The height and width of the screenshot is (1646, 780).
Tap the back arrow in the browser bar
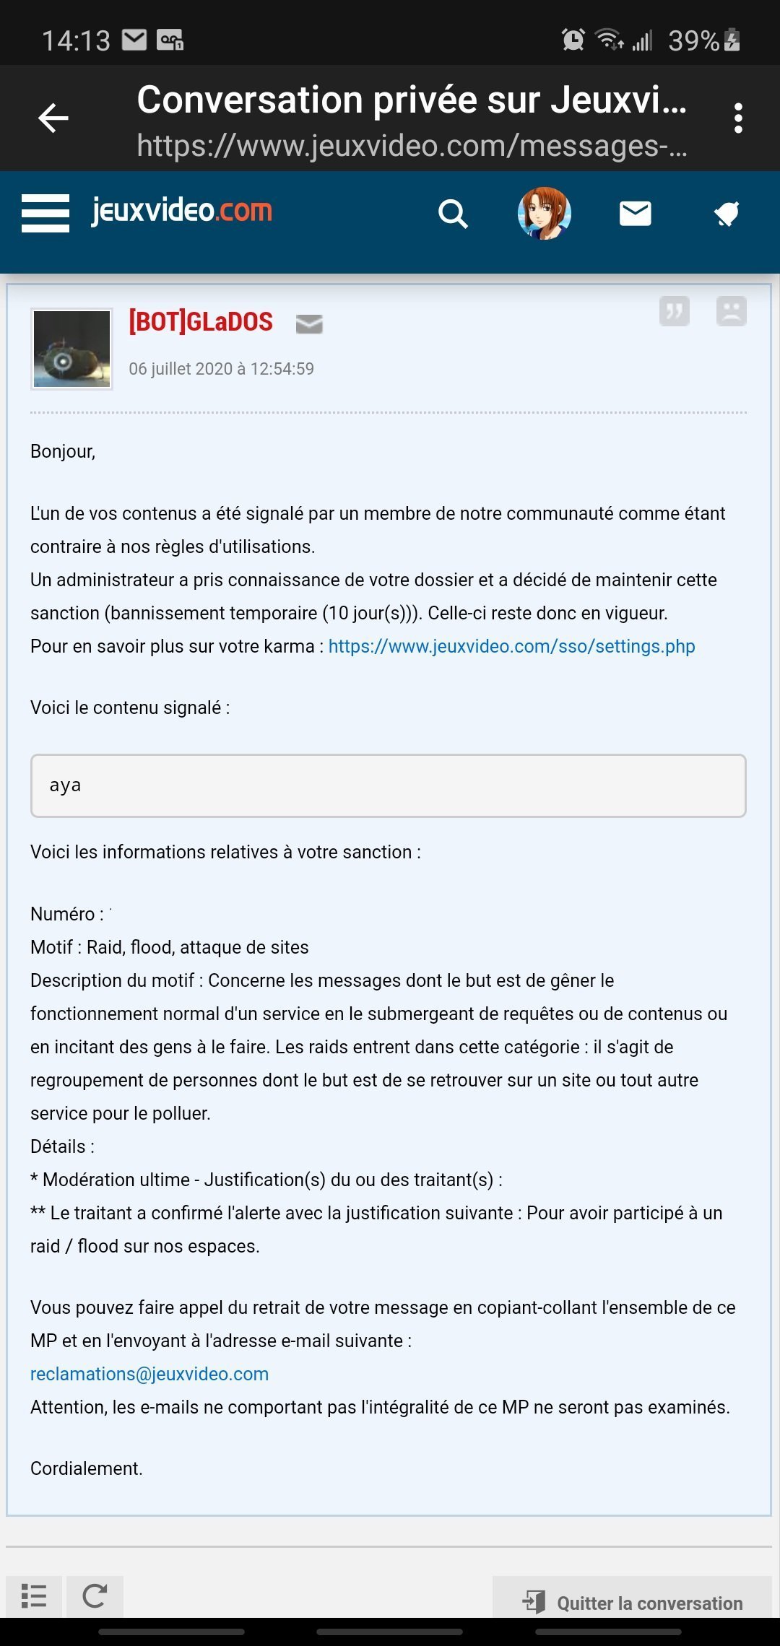(53, 118)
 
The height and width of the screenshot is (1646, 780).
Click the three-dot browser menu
(737, 118)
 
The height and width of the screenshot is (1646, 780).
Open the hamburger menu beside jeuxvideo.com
(45, 213)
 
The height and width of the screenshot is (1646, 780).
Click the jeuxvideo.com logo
(182, 211)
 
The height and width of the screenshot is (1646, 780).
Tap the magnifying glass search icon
(453, 214)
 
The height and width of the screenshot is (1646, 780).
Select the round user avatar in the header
(545, 213)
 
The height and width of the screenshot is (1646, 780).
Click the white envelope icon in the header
(636, 214)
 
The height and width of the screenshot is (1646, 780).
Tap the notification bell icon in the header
(727, 214)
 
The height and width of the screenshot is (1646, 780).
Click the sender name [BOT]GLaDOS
(201, 322)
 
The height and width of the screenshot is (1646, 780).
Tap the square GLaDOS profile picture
(71, 349)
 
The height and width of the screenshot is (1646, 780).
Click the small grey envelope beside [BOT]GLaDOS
(309, 324)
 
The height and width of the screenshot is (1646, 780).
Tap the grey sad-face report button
(731, 312)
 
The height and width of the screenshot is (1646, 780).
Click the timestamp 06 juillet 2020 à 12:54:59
(221, 369)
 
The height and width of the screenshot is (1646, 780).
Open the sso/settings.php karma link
(511, 646)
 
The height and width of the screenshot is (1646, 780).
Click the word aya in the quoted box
(65, 785)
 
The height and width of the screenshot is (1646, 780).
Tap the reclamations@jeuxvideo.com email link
(149, 1374)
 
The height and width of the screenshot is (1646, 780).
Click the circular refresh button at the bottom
(95, 1596)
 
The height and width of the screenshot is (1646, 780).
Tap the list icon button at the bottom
(34, 1596)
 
